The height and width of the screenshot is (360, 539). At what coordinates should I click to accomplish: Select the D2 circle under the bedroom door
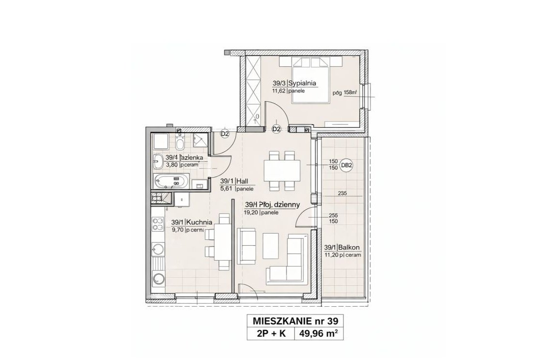coord(277,129)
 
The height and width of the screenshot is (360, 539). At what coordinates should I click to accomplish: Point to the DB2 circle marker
coord(346,165)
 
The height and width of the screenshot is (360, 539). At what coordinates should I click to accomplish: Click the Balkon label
coord(350,248)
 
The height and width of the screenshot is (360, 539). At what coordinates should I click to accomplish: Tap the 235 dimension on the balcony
coord(343,193)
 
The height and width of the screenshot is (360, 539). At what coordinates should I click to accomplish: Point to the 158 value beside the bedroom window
coord(348,93)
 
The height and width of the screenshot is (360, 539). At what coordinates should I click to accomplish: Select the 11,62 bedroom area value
coord(278,91)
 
